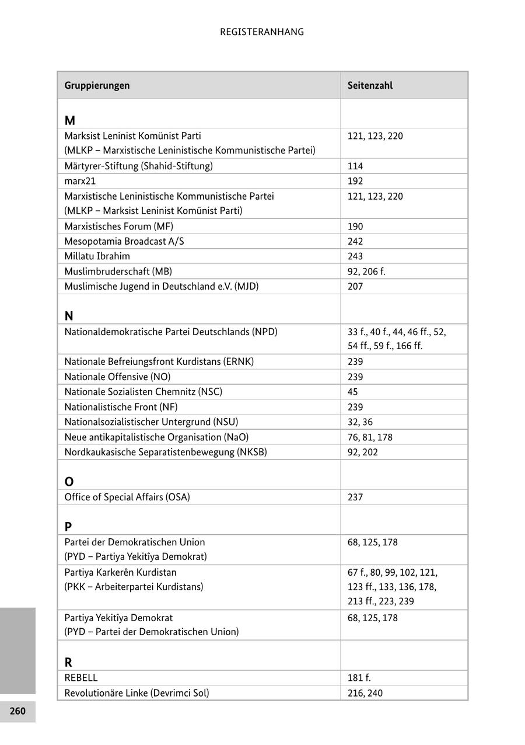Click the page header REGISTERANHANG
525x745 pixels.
[x=262, y=32]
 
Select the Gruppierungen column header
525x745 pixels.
[x=97, y=85]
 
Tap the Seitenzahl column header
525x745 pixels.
[x=370, y=85]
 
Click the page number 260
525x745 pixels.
[x=17, y=711]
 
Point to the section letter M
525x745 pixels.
[x=70, y=121]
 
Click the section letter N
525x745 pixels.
[x=69, y=316]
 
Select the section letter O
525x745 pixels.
[x=69, y=482]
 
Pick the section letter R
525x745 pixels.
[x=68, y=663]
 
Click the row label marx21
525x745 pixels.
[x=80, y=181]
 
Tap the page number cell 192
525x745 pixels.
[x=355, y=181]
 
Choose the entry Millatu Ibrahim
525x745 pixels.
[x=97, y=256]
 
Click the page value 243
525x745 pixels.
[x=355, y=256]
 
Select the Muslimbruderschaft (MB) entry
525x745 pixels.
[x=118, y=271]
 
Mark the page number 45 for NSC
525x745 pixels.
[x=353, y=392]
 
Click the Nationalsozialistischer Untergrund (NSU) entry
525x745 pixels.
[x=151, y=422]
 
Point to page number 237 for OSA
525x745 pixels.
[x=355, y=497]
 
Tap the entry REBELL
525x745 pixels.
[x=81, y=678]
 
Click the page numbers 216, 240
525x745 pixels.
[x=365, y=693]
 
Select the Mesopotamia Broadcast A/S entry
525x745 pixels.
[x=124, y=241]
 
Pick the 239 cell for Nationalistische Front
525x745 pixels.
[x=355, y=407]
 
